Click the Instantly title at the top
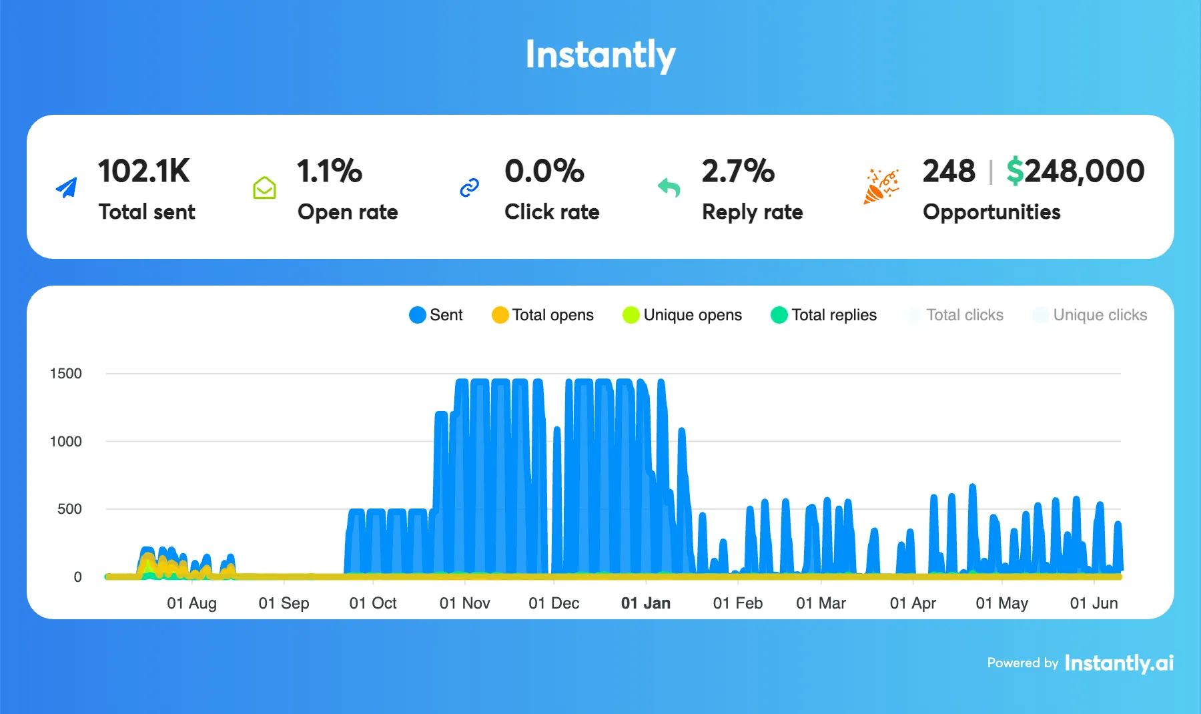[x=600, y=55]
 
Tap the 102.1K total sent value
[x=144, y=171]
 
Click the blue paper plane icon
[x=66, y=188]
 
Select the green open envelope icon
[x=264, y=188]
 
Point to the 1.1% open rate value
[x=330, y=171]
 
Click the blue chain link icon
[x=470, y=188]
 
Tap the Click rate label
[x=552, y=212]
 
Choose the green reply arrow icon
[x=669, y=188]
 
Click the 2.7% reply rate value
[x=738, y=171]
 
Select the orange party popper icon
[x=881, y=186]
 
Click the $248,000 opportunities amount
[x=1075, y=171]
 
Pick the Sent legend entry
[x=436, y=315]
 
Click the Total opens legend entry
[x=542, y=315]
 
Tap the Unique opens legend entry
[x=682, y=315]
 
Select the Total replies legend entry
[x=824, y=315]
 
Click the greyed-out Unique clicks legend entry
[x=1090, y=315]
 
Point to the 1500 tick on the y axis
[x=66, y=374]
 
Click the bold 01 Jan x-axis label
[x=645, y=603]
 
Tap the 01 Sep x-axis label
[x=284, y=603]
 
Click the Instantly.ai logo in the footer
[x=1119, y=663]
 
